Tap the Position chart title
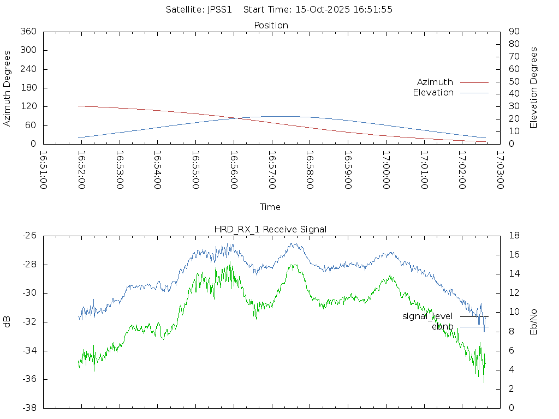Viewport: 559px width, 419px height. point(271,25)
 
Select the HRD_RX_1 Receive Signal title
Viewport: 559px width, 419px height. point(271,229)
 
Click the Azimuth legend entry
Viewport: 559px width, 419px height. point(435,82)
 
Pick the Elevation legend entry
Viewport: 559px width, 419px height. point(433,93)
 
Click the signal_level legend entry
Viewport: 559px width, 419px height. point(427,316)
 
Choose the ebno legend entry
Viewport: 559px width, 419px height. point(442,327)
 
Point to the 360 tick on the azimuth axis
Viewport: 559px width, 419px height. point(28,32)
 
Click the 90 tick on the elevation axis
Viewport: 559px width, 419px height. point(513,32)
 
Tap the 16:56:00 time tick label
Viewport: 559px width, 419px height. point(233,170)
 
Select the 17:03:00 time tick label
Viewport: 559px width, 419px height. point(499,170)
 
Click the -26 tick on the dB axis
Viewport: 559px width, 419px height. point(29,236)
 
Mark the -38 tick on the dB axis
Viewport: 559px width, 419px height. point(29,408)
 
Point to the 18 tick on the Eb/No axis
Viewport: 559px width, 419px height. point(514,236)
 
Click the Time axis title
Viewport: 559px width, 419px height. point(270,207)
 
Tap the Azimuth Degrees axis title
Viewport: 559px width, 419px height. point(7,88)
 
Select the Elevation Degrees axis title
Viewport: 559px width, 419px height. point(534,88)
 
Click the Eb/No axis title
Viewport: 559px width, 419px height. point(534,322)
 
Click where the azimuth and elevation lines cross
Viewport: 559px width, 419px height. point(237,118)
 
